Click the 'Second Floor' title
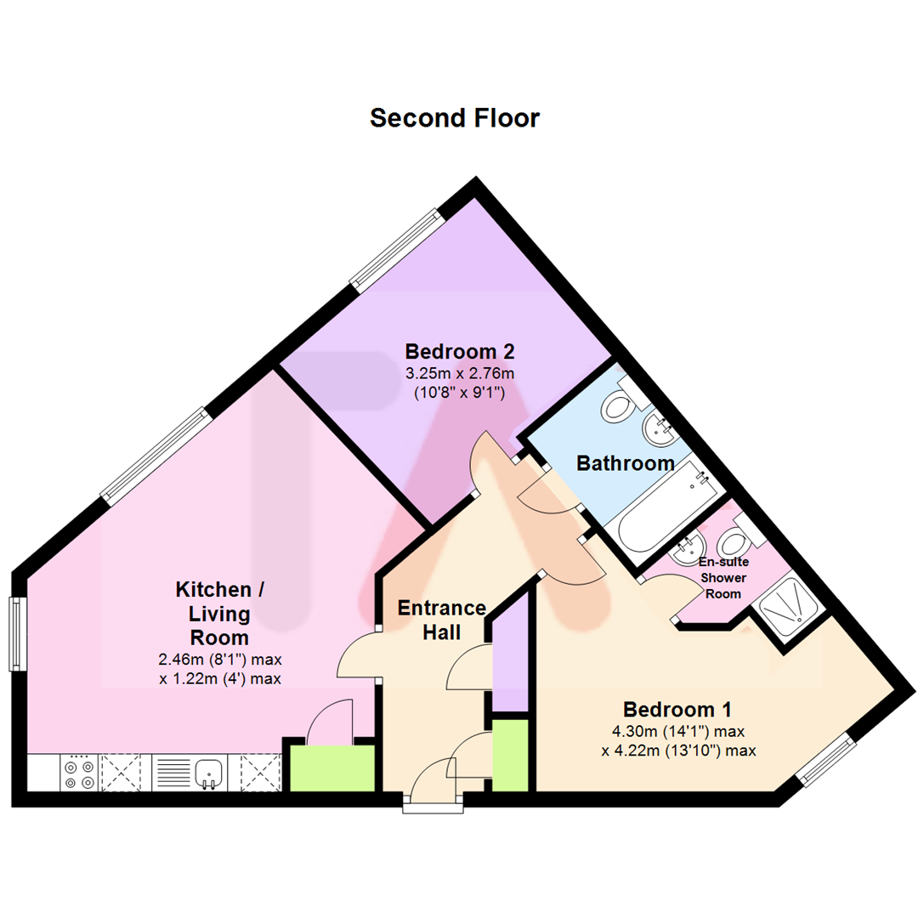[x=454, y=118]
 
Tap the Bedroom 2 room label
[x=460, y=351]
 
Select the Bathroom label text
[x=626, y=463]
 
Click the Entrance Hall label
[x=441, y=620]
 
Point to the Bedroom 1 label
[x=677, y=710]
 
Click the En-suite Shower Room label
[x=723, y=578]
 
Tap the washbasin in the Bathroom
[x=659, y=430]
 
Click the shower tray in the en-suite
[x=786, y=603]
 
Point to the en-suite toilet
[x=737, y=538]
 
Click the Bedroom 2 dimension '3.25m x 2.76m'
[x=460, y=373]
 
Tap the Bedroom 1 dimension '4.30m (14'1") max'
[x=678, y=731]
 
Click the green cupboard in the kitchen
[x=332, y=768]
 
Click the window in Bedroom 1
[x=825, y=760]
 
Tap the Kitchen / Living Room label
[x=219, y=613]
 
